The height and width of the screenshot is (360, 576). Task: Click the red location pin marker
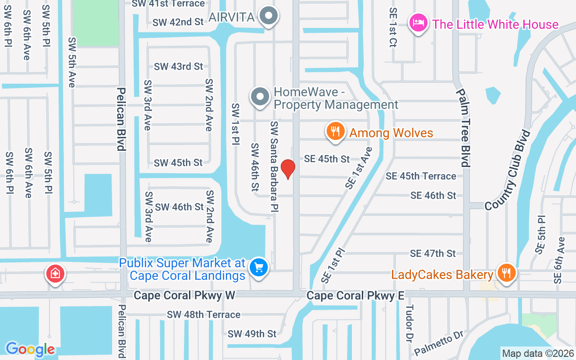(x=288, y=169)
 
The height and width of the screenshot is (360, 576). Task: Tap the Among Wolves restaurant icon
(x=335, y=131)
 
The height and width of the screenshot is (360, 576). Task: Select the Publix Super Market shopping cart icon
(x=258, y=268)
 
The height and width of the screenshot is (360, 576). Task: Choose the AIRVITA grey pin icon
(x=269, y=16)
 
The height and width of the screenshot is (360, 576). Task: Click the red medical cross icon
(x=55, y=273)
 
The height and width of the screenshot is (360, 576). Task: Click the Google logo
(x=30, y=349)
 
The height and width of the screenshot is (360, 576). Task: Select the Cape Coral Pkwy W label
(x=184, y=296)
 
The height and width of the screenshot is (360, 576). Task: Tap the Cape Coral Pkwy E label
(x=355, y=296)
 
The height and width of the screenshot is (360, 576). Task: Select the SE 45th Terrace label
(x=421, y=176)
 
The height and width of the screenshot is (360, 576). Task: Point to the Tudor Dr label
(x=409, y=323)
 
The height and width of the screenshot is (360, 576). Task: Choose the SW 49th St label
(x=252, y=334)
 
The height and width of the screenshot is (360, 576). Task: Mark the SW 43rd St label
(x=179, y=67)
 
